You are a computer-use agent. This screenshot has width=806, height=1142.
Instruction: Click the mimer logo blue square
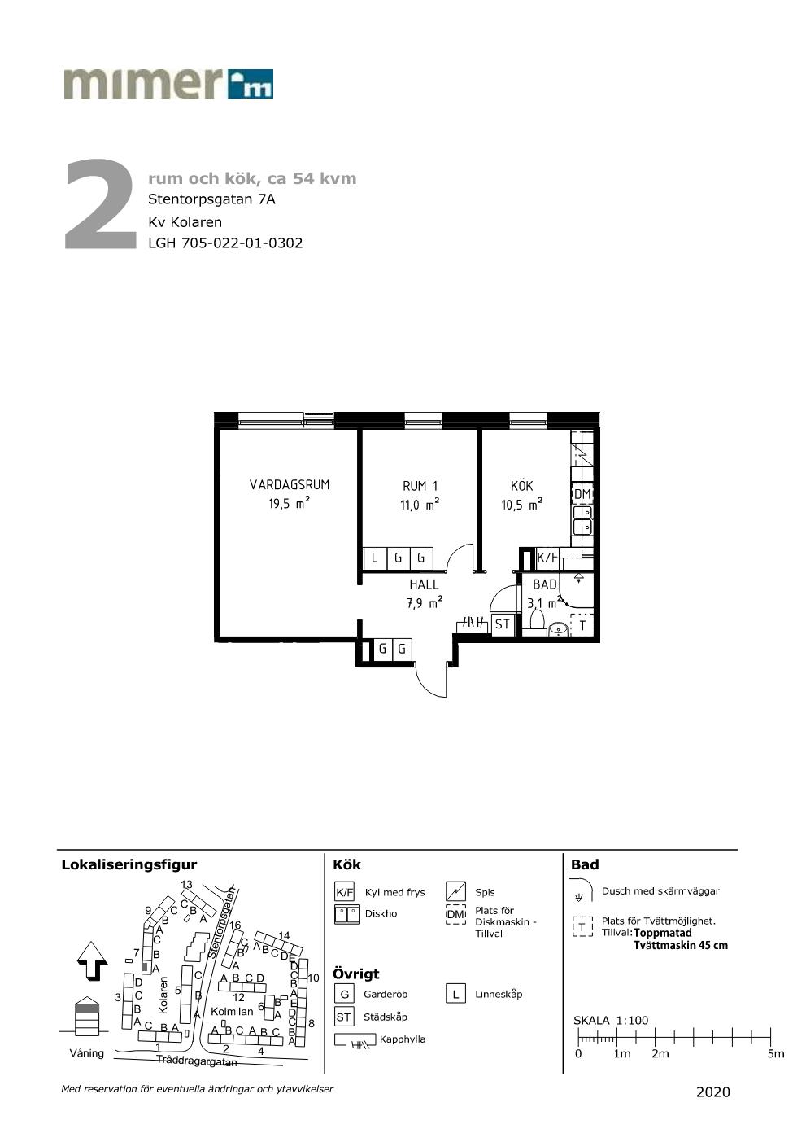250,84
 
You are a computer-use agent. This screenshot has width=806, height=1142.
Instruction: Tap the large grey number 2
100,204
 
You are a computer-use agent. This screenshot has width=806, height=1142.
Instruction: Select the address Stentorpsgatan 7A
211,199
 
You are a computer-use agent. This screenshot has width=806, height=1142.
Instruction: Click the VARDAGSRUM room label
290,484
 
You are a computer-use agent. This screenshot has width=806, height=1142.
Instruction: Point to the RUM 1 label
420,486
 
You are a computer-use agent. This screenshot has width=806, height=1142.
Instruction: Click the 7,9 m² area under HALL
424,602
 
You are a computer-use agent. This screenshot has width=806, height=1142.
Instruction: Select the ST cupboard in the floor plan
503,624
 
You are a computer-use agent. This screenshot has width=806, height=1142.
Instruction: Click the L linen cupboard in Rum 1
374,558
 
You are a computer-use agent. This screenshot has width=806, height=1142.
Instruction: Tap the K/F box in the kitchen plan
547,558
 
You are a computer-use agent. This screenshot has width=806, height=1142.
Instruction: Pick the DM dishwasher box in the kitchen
582,494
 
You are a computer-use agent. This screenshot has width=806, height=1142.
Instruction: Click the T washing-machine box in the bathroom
582,624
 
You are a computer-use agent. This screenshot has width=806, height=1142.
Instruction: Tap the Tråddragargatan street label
197,1061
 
